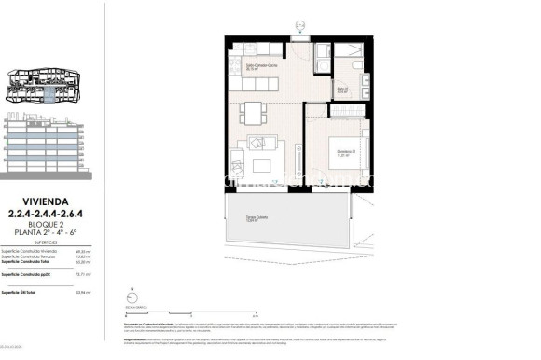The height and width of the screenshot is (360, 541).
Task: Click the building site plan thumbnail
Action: coord(46,87)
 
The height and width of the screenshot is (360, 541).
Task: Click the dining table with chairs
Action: coord(255,113)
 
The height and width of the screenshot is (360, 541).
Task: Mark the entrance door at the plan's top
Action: coord(298,37)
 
